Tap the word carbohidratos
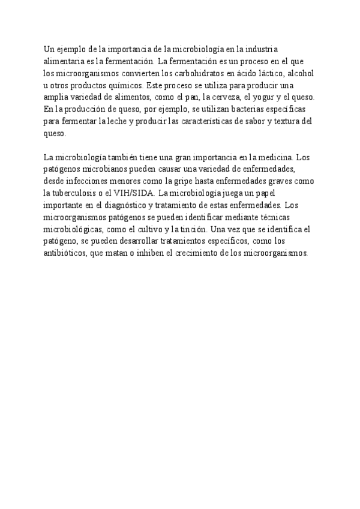(198, 73)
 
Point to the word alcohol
(300, 73)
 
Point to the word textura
(284, 121)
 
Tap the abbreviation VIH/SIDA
(136, 193)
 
